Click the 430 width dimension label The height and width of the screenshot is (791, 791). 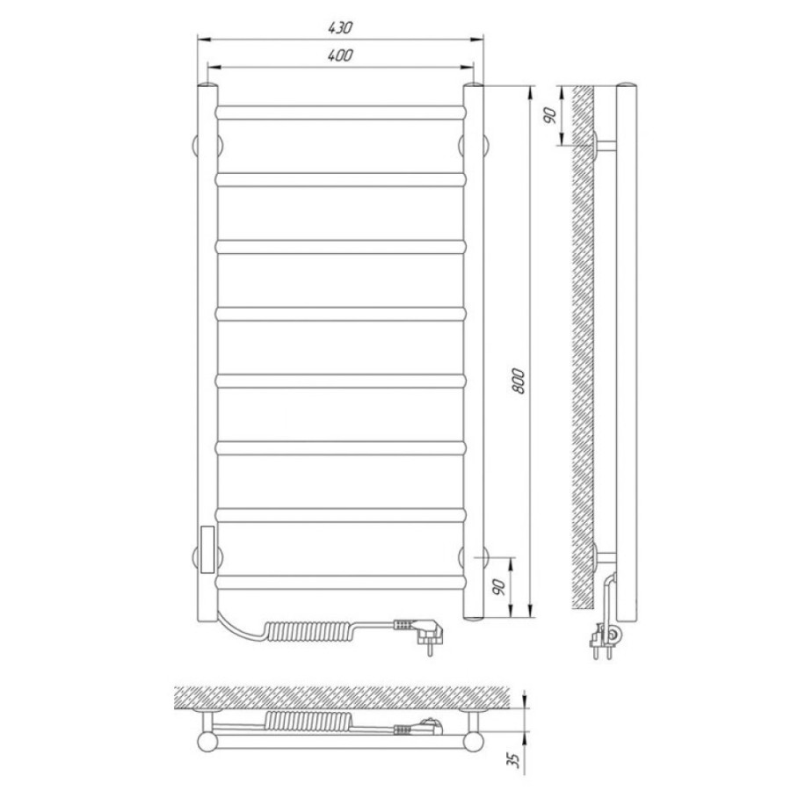[x=340, y=28]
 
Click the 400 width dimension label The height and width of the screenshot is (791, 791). [x=340, y=55]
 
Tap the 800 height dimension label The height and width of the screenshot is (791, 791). [x=518, y=381]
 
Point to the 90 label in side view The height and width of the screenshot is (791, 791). [x=550, y=115]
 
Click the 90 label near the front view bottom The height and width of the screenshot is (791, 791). [x=499, y=588]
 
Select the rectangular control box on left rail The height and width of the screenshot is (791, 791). [x=207, y=549]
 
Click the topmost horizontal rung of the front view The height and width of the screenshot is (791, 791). [x=340, y=112]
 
